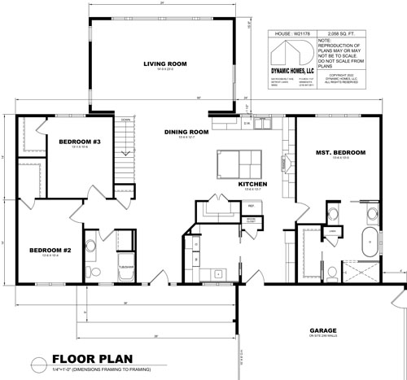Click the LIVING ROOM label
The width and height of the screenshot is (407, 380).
tap(166, 64)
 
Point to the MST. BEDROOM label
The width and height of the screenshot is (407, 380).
tap(340, 152)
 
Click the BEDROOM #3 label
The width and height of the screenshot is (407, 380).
tap(79, 143)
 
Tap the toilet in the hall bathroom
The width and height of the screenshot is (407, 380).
tap(94, 271)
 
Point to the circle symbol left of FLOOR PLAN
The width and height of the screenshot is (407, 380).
tap(37, 361)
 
